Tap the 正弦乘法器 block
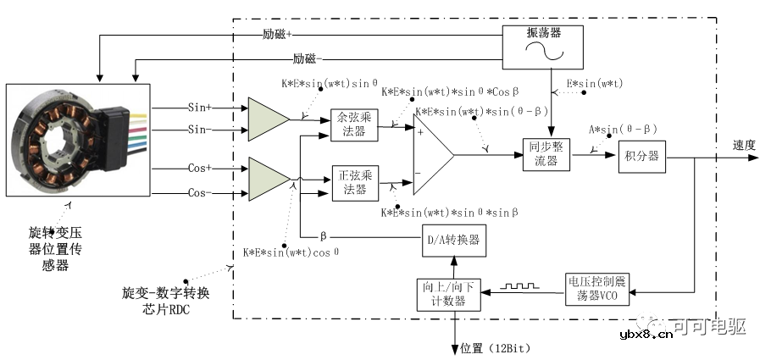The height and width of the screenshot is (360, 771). tap(353, 182)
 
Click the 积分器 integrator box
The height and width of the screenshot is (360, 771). tap(641, 156)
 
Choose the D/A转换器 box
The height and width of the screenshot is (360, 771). tap(454, 241)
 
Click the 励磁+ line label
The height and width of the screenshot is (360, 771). tap(277, 36)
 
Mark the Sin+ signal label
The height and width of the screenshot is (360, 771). tap(200, 108)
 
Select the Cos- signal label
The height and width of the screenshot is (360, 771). tap(200, 193)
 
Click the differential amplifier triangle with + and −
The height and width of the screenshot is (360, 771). tap(433, 155)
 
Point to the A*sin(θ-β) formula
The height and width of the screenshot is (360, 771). tap(623, 129)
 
